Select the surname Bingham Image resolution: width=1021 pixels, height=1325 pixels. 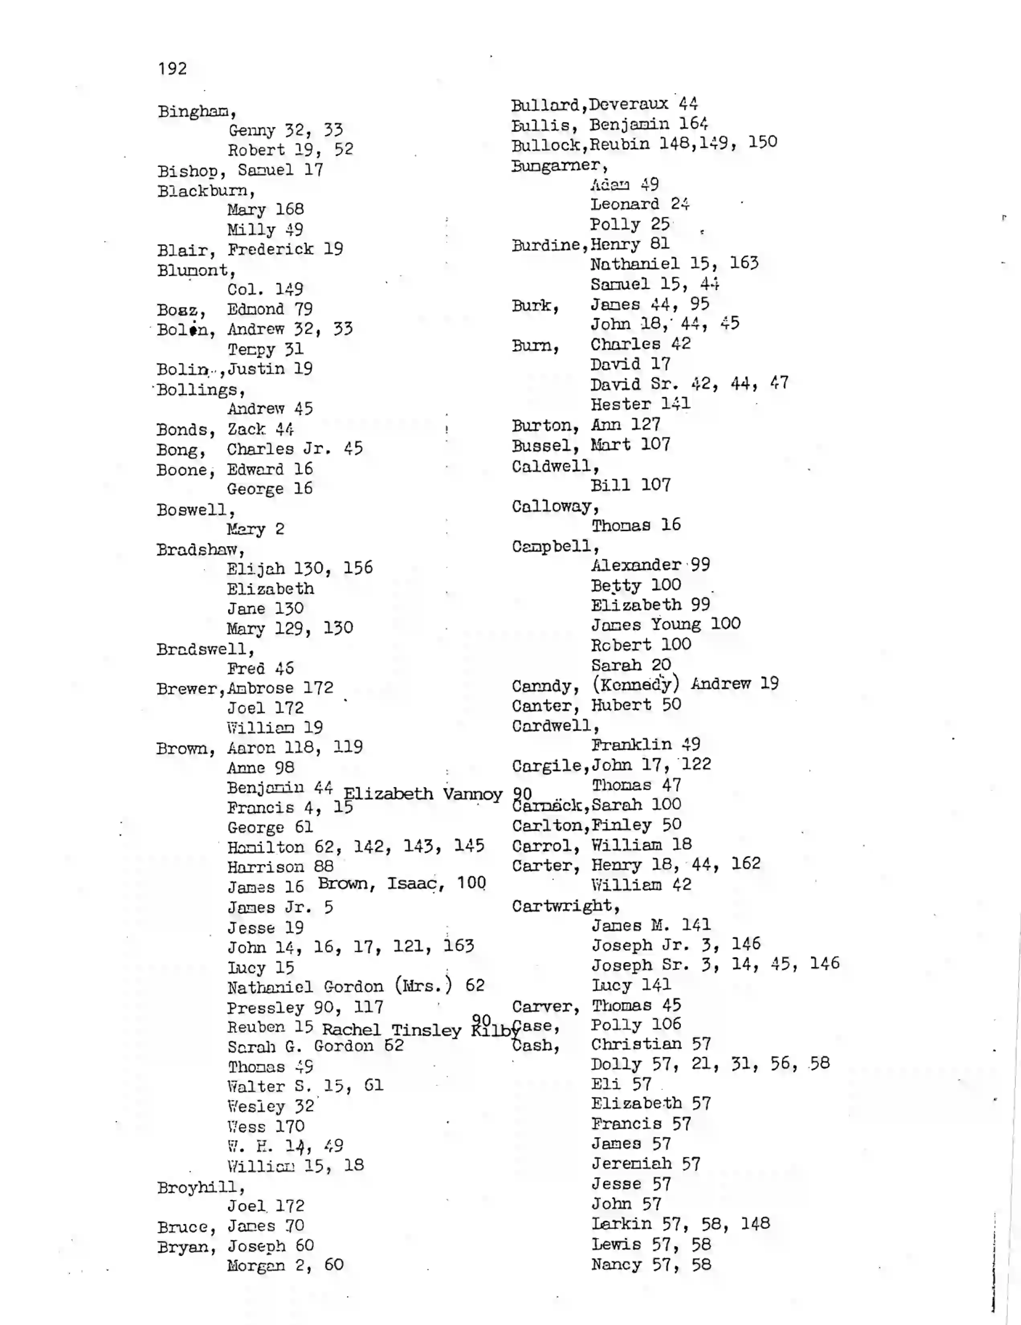(196, 112)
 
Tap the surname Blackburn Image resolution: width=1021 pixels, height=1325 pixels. (204, 191)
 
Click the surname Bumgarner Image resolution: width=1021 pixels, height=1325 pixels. (558, 165)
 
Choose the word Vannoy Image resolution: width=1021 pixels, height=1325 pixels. (472, 794)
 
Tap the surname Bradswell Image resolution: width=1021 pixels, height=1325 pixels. (204, 649)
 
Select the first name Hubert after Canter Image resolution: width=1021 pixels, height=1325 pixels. (621, 705)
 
